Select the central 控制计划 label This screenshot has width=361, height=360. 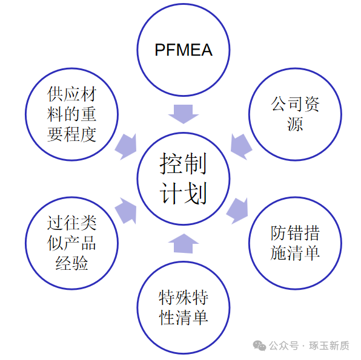pos(183,178)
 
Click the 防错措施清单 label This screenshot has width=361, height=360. pos(295,243)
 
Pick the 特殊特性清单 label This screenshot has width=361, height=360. pos(183,307)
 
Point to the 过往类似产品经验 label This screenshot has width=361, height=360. pos(71,243)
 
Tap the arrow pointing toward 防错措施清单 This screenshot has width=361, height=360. pos(240,209)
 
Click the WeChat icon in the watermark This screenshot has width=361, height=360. pos(259,345)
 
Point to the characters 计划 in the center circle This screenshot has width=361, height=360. pos(183,194)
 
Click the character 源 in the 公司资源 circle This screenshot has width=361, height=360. pos(295,125)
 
